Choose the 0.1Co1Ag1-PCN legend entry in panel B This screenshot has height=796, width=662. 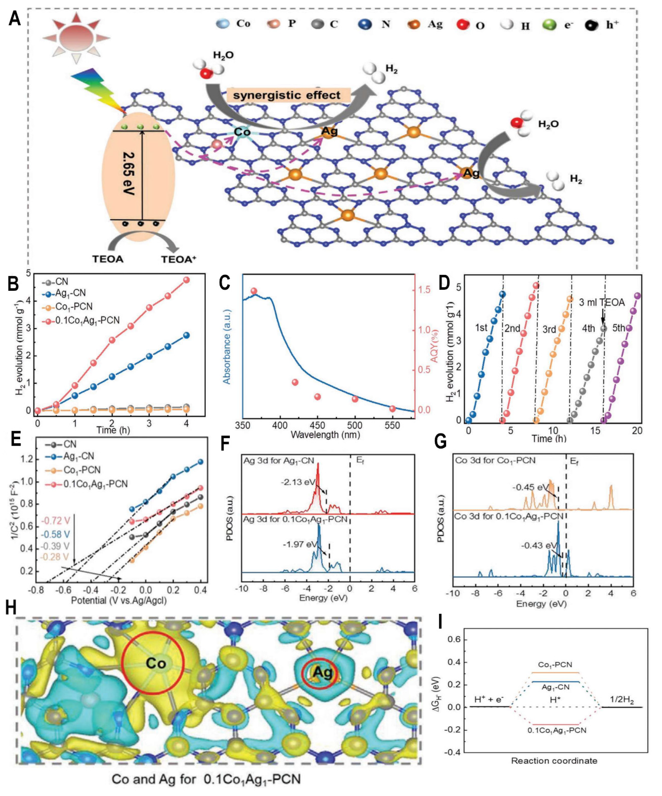[87, 320]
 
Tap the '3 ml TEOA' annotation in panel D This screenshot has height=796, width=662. [602, 302]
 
